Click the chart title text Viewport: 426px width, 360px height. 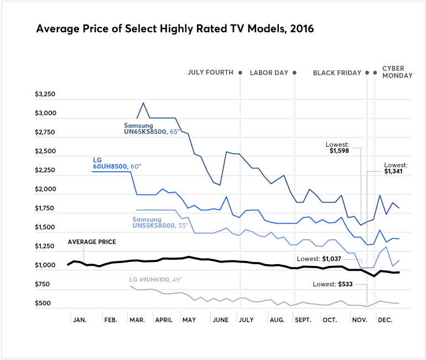pyautogui.click(x=175, y=29)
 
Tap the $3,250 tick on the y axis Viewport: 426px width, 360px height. pyautogui.click(x=45, y=95)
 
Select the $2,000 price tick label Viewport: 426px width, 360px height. pyautogui.click(x=45, y=189)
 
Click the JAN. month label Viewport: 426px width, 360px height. pyautogui.click(x=81, y=320)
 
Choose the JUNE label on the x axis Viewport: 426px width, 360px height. pyautogui.click(x=220, y=320)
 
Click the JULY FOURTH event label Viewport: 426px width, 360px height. pyautogui.click(x=210, y=73)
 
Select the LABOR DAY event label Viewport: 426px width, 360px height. pyautogui.click(x=270, y=73)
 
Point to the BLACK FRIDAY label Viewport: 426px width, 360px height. pyautogui.click(x=337, y=73)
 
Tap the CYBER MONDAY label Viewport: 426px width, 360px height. pyautogui.click(x=397, y=72)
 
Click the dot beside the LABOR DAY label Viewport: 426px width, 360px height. pyautogui.click(x=294, y=73)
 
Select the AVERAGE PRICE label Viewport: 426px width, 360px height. pyautogui.click(x=90, y=242)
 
